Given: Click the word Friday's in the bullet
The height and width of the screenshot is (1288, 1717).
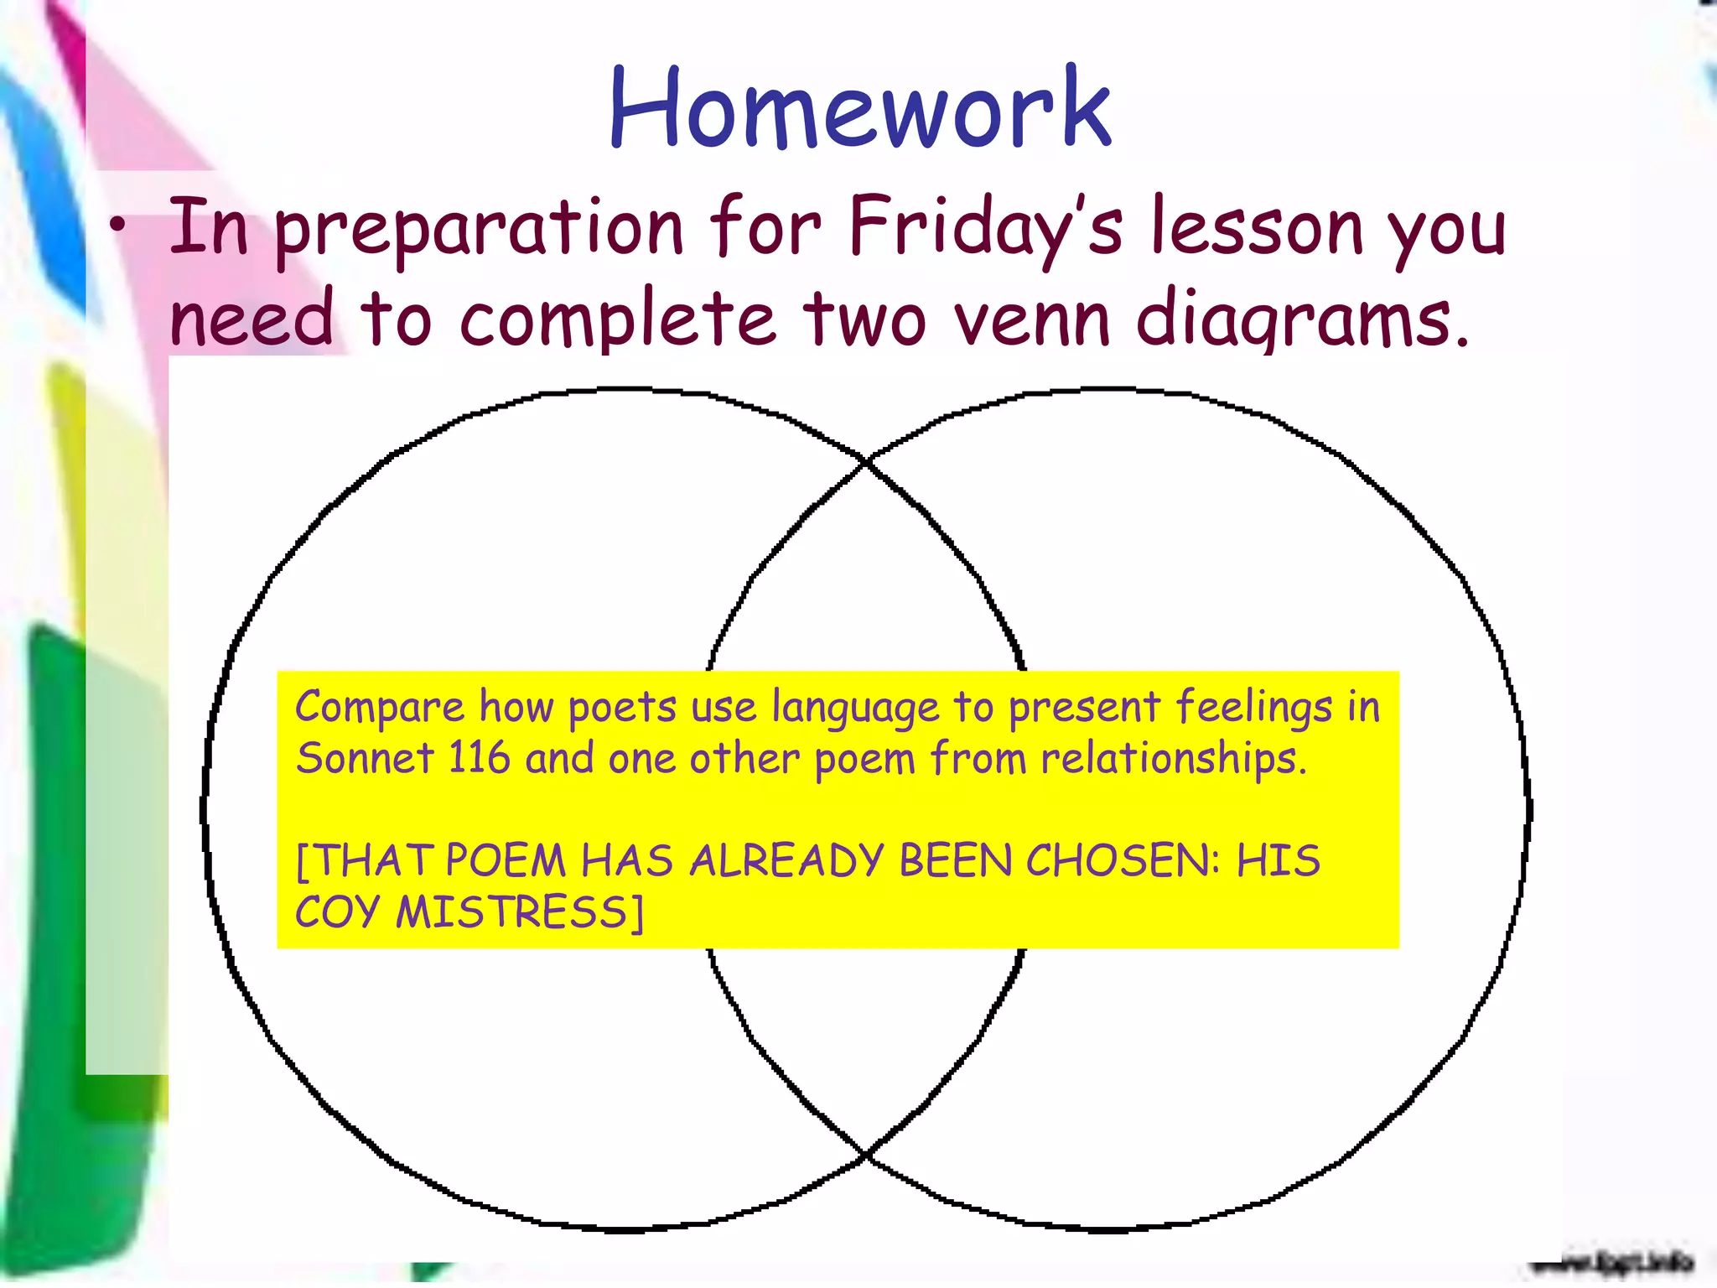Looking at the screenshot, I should click(984, 226).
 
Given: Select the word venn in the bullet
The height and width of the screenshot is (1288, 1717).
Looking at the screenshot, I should click(1032, 319).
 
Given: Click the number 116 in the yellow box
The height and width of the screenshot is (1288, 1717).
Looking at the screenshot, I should click(479, 758).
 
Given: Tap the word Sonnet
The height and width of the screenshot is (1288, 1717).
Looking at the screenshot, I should click(365, 758).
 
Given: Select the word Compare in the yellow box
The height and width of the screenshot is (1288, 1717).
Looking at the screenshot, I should click(379, 707).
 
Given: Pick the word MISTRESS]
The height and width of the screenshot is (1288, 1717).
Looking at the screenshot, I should click(521, 912).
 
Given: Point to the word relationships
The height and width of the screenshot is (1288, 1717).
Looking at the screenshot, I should click(1173, 760).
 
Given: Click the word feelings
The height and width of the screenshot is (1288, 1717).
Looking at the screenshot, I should click(1253, 707).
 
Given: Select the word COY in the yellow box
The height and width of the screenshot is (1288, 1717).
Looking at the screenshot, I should click(337, 912).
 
